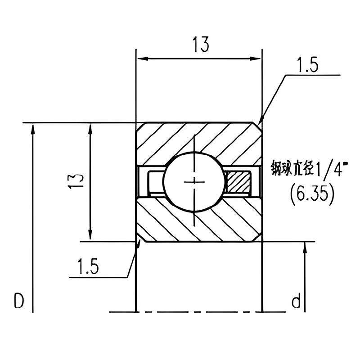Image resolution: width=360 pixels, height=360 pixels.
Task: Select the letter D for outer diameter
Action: coord(18,301)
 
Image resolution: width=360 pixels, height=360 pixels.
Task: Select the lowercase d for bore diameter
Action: coord(296,301)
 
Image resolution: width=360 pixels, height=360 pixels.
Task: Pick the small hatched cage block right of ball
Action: coord(238,181)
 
